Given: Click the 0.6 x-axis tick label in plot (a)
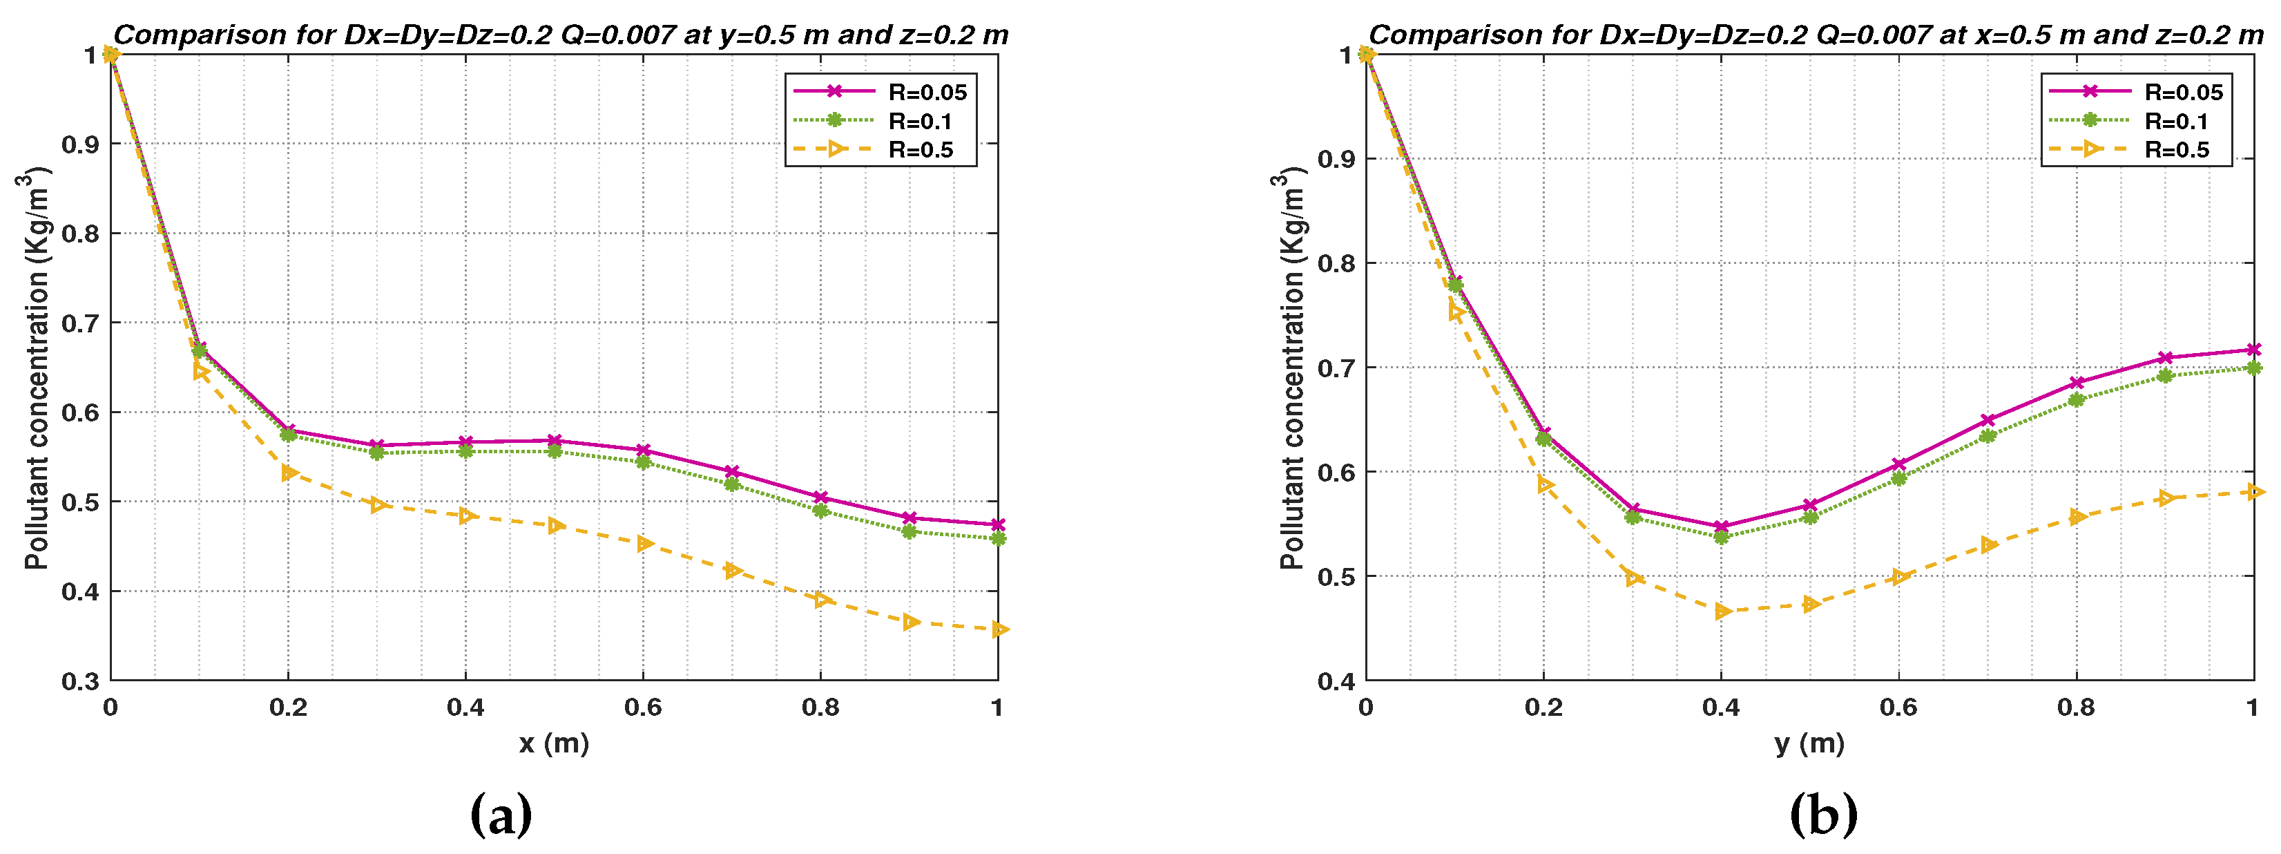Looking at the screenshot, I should tap(643, 707).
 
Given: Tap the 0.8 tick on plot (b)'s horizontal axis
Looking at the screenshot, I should tap(2076, 707).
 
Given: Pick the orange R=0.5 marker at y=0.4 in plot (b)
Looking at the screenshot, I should tap(1722, 611).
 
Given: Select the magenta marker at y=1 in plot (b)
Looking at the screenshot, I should tap(2253, 350).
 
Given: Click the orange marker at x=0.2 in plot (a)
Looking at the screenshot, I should tap(289, 473).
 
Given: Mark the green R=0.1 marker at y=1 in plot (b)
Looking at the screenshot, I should tap(2253, 368).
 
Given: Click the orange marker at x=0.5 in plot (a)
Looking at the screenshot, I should tap(555, 525).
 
